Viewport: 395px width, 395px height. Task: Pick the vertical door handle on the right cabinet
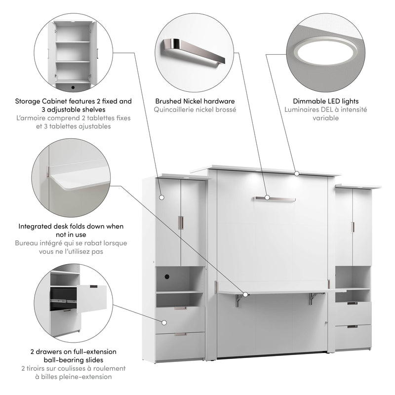(x=353, y=227)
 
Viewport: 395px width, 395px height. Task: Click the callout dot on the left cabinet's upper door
(x=161, y=197)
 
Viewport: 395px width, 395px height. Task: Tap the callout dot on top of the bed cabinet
(x=297, y=173)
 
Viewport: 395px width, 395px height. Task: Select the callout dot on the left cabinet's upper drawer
(x=164, y=322)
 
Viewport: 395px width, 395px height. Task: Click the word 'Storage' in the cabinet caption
(x=28, y=101)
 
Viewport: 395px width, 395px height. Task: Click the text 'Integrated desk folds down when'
(x=71, y=226)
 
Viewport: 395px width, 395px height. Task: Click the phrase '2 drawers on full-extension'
(x=73, y=352)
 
